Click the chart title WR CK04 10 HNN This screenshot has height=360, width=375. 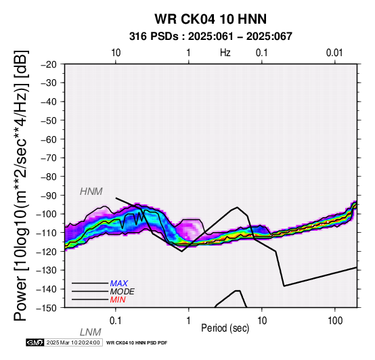click(211, 19)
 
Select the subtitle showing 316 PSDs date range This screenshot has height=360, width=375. click(211, 37)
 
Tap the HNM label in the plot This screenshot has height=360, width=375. click(91, 192)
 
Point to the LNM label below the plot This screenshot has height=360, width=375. click(91, 332)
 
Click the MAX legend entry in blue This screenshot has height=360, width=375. click(118, 284)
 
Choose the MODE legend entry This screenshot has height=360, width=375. click(122, 292)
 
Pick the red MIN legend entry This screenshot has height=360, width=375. click(118, 300)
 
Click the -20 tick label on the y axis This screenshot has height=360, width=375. click(49, 64)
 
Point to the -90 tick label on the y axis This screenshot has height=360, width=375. click(49, 196)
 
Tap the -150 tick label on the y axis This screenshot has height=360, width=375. click(47, 308)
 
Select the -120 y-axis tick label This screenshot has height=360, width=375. click(47, 252)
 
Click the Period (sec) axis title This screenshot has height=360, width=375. click(225, 328)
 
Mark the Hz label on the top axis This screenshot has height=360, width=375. click(225, 53)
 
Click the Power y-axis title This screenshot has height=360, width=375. click(21, 185)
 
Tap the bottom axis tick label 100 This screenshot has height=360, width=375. click(335, 321)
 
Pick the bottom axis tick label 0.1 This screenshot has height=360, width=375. click(116, 321)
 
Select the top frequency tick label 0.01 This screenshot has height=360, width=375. click(334, 53)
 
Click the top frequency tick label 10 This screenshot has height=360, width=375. click(116, 53)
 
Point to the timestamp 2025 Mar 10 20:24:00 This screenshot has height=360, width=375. click(73, 342)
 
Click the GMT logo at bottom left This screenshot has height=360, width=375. click(35, 342)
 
